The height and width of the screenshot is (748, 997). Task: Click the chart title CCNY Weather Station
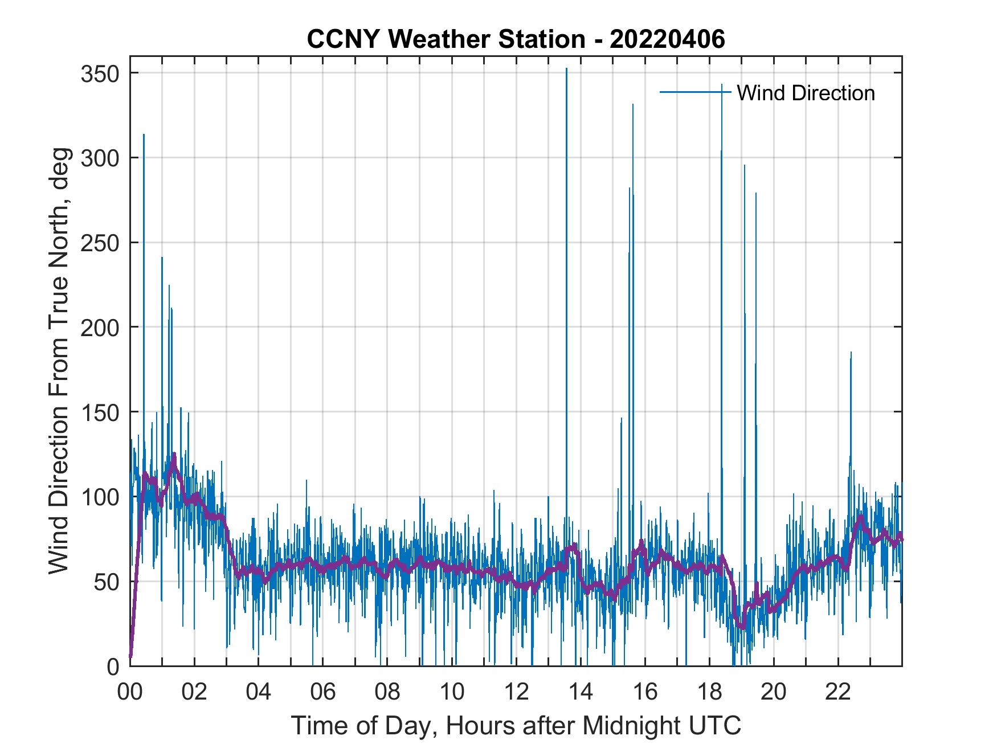coord(516,39)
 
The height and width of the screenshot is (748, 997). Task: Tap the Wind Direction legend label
coord(806,93)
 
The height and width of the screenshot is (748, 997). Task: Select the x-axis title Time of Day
coord(516,726)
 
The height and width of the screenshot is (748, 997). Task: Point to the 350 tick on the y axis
coord(100,73)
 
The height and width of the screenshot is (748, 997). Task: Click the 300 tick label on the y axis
coord(100,158)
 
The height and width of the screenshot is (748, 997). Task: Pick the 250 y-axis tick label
coord(100,243)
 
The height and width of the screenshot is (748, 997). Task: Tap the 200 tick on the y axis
coord(100,327)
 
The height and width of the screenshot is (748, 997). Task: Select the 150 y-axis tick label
coord(100,412)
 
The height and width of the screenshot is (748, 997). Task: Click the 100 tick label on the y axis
coord(100,497)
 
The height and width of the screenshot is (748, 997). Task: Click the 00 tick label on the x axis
coord(130,692)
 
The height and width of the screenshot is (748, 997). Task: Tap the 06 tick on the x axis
coord(323,692)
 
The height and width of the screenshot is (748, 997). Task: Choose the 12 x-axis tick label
coord(516,692)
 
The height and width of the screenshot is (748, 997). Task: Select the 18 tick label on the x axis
coord(709,692)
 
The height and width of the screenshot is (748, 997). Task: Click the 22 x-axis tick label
coord(838,692)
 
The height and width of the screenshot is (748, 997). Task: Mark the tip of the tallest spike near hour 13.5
coord(566,69)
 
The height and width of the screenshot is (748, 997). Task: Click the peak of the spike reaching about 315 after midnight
coord(144,134)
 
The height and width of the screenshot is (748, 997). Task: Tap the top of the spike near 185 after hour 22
coord(851,353)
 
